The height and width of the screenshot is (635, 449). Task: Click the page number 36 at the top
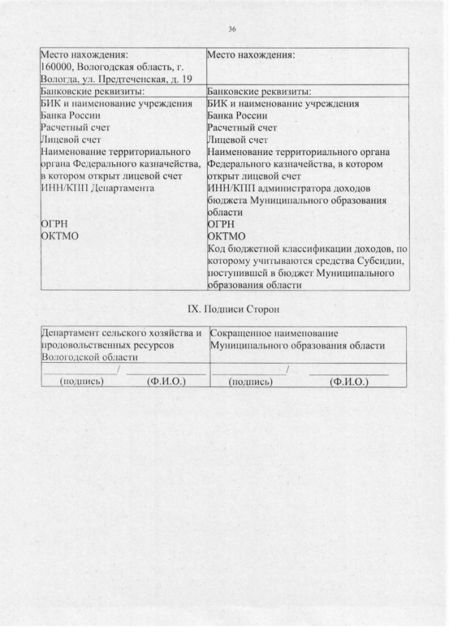click(232, 29)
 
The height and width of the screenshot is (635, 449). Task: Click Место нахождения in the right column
click(250, 54)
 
